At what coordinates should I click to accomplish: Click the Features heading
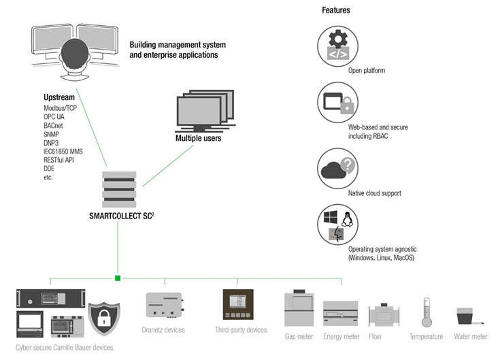(335, 10)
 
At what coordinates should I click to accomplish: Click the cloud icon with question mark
(338, 166)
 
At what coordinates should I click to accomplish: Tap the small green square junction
(118, 278)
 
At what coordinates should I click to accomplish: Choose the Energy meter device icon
(341, 314)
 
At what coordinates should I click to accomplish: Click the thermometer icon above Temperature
(426, 312)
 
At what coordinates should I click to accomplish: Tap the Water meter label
(470, 336)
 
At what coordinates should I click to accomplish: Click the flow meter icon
(385, 316)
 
